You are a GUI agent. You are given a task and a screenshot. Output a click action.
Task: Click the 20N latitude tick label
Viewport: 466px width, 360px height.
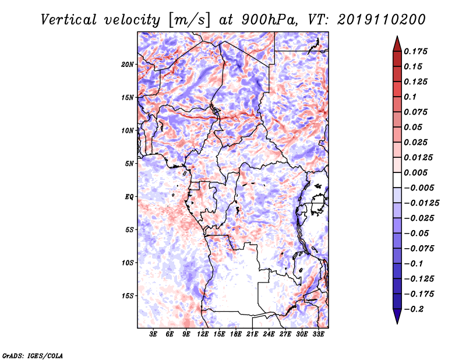(x=128, y=65)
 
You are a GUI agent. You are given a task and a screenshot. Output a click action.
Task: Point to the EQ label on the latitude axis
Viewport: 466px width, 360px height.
(x=129, y=197)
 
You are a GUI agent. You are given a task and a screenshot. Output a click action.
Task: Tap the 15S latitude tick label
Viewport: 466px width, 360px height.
(x=128, y=296)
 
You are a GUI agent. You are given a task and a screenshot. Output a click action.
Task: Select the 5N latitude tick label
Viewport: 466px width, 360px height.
(x=129, y=164)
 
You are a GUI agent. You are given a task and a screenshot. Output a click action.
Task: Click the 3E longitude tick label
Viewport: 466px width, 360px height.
(x=153, y=334)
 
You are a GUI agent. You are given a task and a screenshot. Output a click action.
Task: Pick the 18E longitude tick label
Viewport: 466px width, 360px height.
(x=236, y=334)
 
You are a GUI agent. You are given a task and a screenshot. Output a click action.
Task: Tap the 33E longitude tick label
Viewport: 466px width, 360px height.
(x=318, y=334)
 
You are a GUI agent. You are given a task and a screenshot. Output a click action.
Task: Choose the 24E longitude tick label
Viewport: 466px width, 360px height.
(x=269, y=334)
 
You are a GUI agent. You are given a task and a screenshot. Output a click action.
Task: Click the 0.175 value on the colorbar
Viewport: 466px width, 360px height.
(x=415, y=51)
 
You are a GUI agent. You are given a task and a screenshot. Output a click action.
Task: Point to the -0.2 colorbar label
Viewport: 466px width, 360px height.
(x=414, y=309)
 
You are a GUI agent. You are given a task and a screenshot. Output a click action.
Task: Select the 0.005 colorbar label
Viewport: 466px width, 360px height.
(x=415, y=172)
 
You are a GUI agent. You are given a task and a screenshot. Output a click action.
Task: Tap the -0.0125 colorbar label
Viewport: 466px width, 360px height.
(x=421, y=203)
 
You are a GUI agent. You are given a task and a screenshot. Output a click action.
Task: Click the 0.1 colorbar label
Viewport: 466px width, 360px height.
(x=410, y=97)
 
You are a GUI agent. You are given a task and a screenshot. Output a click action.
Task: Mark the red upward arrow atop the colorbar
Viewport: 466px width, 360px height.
(x=397, y=44)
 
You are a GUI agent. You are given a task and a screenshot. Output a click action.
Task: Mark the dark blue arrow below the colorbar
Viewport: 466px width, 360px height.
(x=397, y=316)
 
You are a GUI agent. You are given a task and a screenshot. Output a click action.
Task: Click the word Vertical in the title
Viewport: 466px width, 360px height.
(x=69, y=20)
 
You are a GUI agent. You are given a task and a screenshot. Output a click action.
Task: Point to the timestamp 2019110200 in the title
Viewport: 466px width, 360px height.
(x=382, y=20)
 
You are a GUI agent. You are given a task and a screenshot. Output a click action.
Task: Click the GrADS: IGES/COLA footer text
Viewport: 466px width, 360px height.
(x=33, y=356)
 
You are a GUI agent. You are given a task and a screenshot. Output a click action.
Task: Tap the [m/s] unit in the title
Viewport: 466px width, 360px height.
(x=189, y=20)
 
